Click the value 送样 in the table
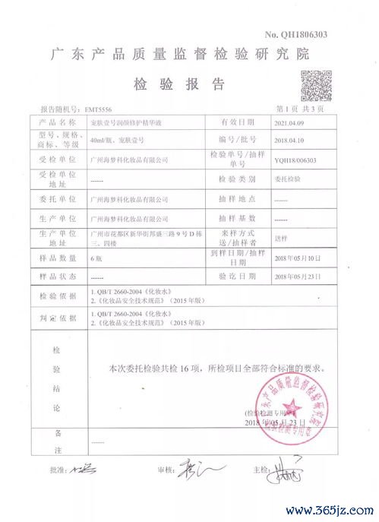tap(280, 236)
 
